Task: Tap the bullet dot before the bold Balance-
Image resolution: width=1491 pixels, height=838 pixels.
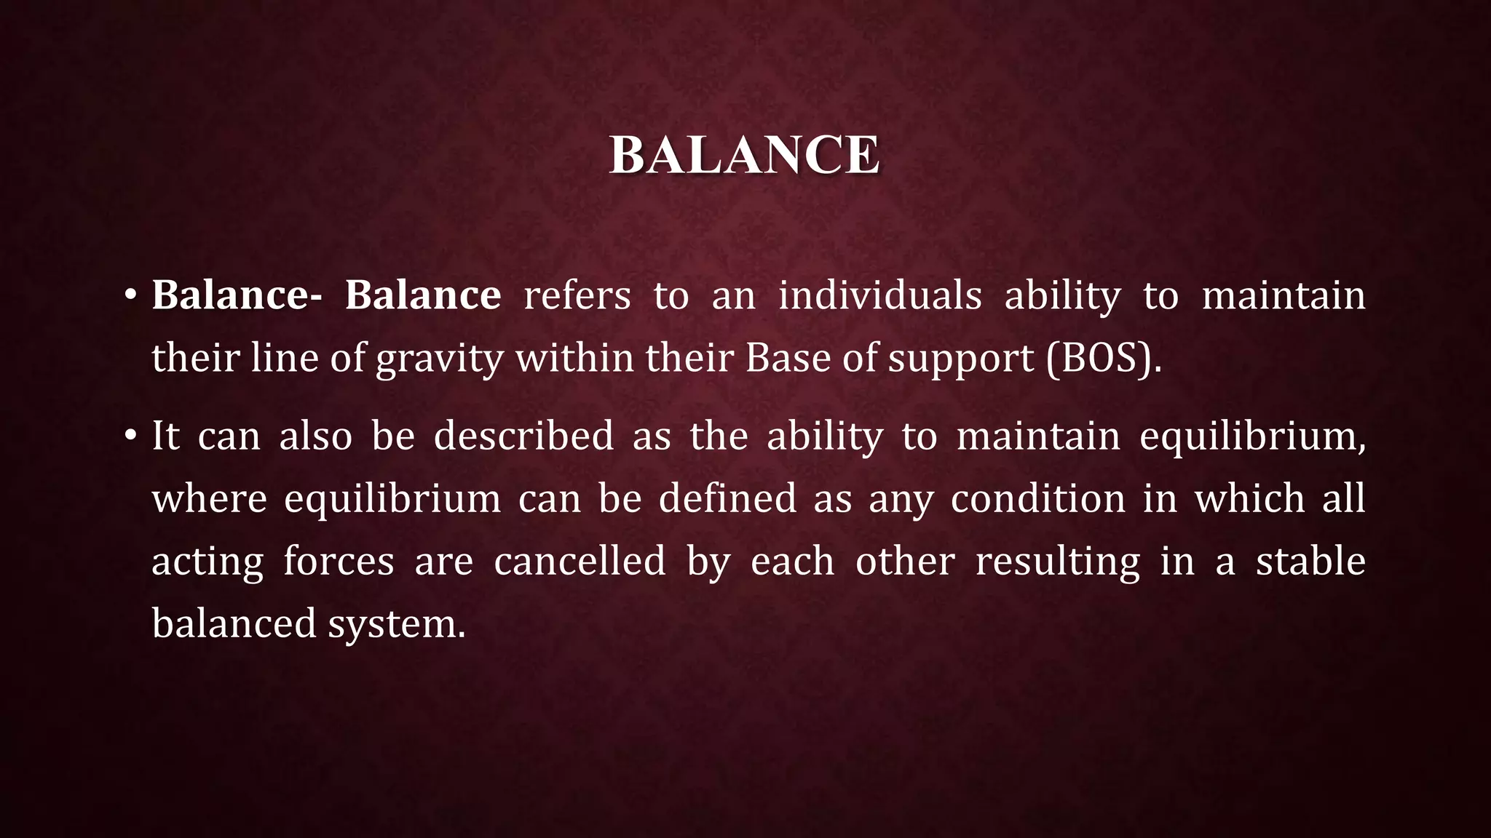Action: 130,296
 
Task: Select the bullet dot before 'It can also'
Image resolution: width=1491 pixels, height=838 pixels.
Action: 130,436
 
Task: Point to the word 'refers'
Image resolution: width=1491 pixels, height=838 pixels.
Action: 577,296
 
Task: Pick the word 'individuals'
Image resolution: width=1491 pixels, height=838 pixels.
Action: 879,296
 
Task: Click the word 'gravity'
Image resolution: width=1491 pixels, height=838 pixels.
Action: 440,359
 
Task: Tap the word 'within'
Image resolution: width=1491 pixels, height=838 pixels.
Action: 575,358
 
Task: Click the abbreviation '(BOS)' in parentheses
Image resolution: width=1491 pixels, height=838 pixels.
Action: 1099,359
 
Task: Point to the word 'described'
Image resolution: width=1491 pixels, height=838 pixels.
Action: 523,436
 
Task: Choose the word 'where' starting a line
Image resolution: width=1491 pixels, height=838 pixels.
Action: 210,499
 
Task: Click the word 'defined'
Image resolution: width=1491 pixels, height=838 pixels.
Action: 727,499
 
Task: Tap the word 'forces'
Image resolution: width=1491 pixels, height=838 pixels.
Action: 339,562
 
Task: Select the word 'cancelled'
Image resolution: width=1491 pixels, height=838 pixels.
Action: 580,562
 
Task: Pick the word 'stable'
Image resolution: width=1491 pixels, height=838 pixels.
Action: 1310,562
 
